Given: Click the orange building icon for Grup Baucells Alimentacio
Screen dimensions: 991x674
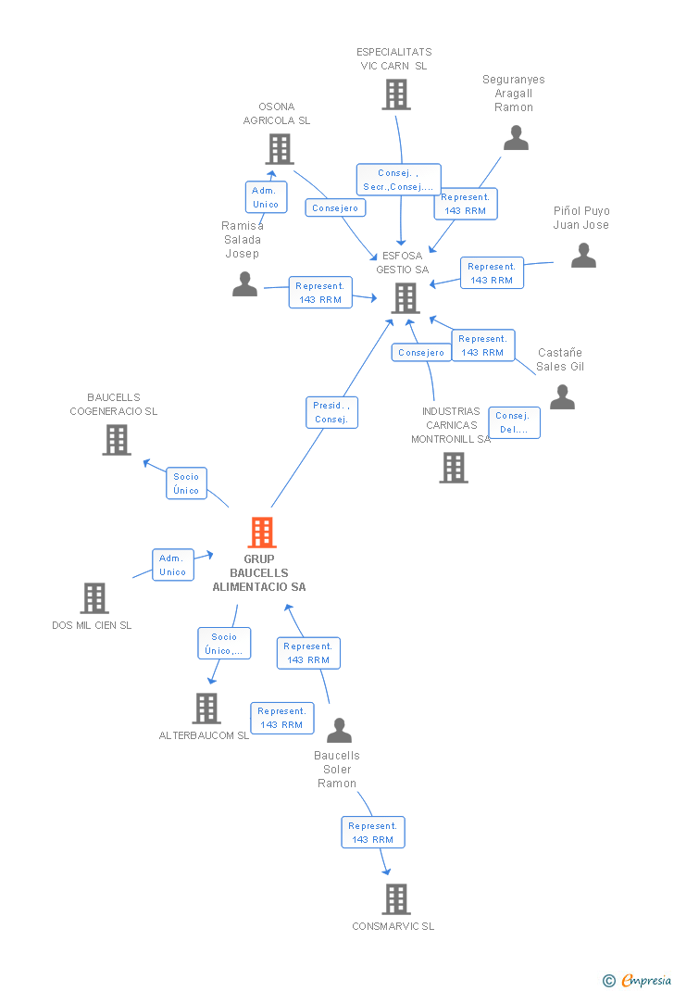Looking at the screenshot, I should point(262,533).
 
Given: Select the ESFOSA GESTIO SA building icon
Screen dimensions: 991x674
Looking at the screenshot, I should point(406,297).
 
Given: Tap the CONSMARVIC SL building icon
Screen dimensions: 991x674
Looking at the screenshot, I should point(395,898).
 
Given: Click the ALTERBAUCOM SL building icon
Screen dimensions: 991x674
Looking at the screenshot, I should point(206,709).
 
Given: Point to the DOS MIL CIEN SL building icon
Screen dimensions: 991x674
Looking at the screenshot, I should point(94,598).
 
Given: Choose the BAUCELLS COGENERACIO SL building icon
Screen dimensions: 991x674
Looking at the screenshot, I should point(116,440).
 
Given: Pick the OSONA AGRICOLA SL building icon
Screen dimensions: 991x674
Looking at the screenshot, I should point(279,148).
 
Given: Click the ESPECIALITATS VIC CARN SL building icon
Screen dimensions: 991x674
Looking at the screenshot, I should point(395,94).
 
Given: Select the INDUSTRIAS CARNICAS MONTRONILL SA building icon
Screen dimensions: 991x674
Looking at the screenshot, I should point(453,468).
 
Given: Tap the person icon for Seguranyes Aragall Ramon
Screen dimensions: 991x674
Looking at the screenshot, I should point(516,138).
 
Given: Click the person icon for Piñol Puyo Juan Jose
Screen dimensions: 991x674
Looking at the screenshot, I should point(583,256).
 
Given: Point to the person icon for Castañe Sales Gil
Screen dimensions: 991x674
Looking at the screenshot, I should point(562,397).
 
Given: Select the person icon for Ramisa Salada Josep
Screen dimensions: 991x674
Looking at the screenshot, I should point(244,284).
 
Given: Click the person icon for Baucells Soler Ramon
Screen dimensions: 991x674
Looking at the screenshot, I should point(339,731).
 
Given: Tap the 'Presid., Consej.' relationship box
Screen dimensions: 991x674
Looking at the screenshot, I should point(331,412).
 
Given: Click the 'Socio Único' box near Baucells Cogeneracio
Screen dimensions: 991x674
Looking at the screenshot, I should point(186,483).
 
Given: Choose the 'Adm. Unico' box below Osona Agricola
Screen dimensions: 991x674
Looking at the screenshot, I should point(266,197).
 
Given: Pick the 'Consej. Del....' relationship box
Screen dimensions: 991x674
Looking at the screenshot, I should point(514,422).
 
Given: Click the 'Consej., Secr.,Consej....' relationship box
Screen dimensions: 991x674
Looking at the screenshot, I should point(398,180).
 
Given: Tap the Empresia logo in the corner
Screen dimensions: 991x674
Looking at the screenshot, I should point(638,980).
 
